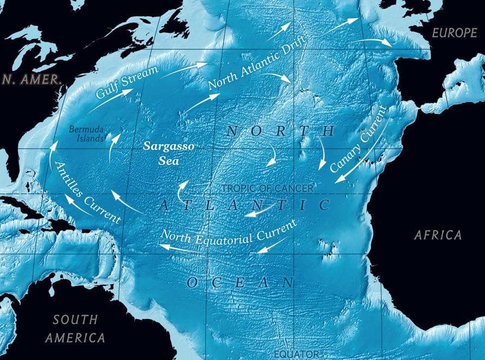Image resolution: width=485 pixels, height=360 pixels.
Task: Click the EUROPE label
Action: point(454,33)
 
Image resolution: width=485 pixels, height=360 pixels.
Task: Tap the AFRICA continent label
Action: point(438,235)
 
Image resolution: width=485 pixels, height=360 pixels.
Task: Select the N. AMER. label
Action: point(31,79)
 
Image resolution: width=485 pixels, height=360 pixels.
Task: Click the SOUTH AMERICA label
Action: point(75,328)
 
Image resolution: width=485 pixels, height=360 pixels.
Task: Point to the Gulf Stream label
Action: point(127,82)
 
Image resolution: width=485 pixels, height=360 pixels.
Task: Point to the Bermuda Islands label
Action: point(87,134)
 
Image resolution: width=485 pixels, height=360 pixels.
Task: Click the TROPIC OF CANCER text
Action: point(267,188)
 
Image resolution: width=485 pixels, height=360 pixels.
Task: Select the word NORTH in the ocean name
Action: point(280,131)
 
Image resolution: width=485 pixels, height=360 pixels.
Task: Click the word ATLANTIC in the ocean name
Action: point(245,205)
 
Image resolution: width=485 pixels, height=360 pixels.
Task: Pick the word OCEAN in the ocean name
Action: point(241,282)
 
